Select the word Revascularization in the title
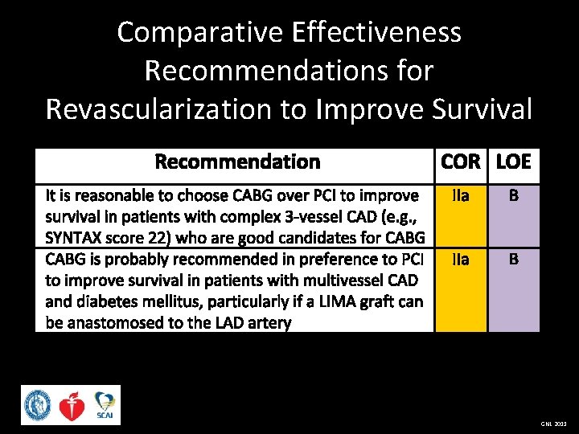click(164, 108)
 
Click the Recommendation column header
click(237, 162)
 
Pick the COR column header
click(461, 162)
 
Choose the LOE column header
click(513, 162)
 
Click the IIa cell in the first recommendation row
click(461, 195)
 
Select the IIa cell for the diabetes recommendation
click(461, 260)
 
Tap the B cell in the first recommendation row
click(513, 195)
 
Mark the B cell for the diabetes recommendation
click(513, 260)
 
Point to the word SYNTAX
click(73, 238)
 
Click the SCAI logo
click(105, 405)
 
